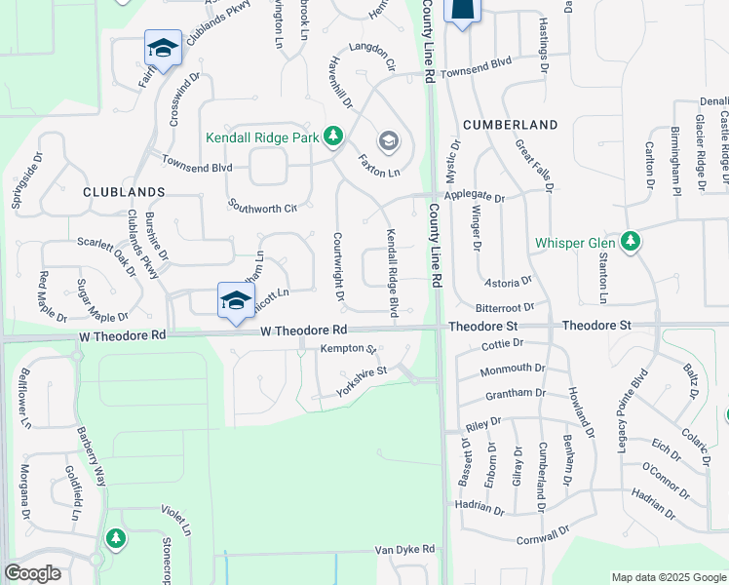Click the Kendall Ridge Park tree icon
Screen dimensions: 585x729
(333, 136)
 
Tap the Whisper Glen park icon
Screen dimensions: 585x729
(631, 240)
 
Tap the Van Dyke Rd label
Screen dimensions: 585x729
(408, 550)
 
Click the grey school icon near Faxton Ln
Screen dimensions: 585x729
(388, 142)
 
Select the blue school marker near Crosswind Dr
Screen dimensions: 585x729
(163, 49)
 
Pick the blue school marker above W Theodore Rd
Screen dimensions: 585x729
(236, 300)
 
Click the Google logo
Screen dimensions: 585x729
(32, 573)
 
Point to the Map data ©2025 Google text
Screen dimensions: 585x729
(669, 577)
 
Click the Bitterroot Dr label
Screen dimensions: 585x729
(502, 307)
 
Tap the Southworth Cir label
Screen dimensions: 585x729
(261, 207)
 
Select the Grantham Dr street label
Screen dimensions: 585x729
(514, 393)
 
